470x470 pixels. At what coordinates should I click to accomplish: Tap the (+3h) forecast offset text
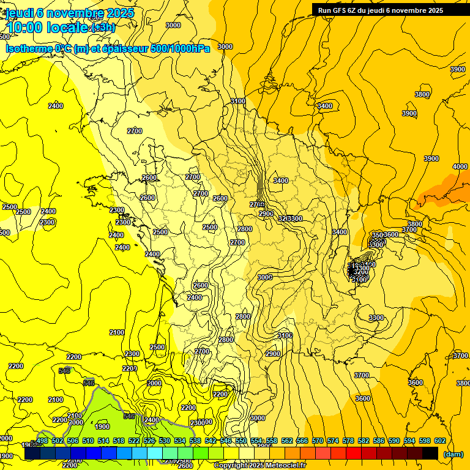(102, 28)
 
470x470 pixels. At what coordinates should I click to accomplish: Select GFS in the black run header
(340, 10)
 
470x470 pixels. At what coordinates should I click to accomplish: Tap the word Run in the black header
(325, 10)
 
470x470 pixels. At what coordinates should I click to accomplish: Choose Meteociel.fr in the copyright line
(285, 466)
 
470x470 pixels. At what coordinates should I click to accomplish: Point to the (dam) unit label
(453, 454)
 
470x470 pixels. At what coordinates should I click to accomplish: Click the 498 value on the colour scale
(42, 441)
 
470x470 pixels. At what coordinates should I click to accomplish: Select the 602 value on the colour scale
(440, 441)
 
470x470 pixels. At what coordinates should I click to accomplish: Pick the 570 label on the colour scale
(318, 441)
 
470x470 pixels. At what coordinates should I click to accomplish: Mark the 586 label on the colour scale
(379, 441)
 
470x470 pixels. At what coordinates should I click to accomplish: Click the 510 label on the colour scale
(88, 441)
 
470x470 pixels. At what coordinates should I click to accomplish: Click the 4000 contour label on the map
(460, 167)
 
